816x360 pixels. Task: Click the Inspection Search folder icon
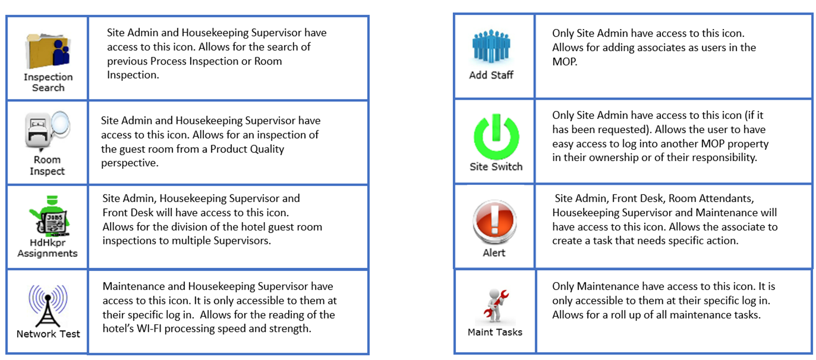click(x=48, y=51)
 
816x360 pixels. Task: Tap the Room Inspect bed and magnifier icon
click(x=47, y=131)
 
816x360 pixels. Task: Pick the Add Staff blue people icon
click(x=491, y=47)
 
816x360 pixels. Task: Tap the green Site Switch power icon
click(x=496, y=136)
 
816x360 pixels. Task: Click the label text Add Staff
click(x=491, y=75)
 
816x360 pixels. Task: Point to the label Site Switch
click(x=496, y=166)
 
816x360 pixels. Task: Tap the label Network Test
click(x=48, y=334)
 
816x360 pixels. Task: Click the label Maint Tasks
click(x=495, y=332)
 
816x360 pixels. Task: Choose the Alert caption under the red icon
click(x=494, y=253)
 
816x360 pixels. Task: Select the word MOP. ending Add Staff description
click(x=564, y=61)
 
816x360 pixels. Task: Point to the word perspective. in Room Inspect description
click(x=129, y=163)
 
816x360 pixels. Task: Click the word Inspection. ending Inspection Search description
click(x=133, y=75)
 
